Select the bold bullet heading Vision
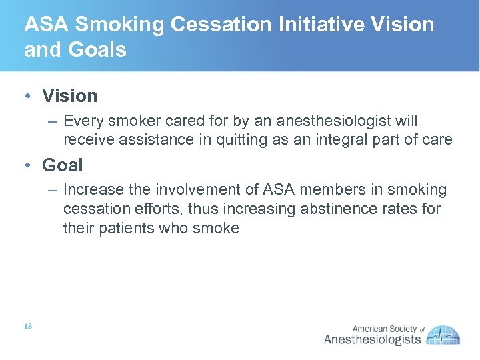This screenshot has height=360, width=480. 69,96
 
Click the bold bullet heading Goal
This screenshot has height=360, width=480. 62,165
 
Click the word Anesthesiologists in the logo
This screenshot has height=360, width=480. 372,340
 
